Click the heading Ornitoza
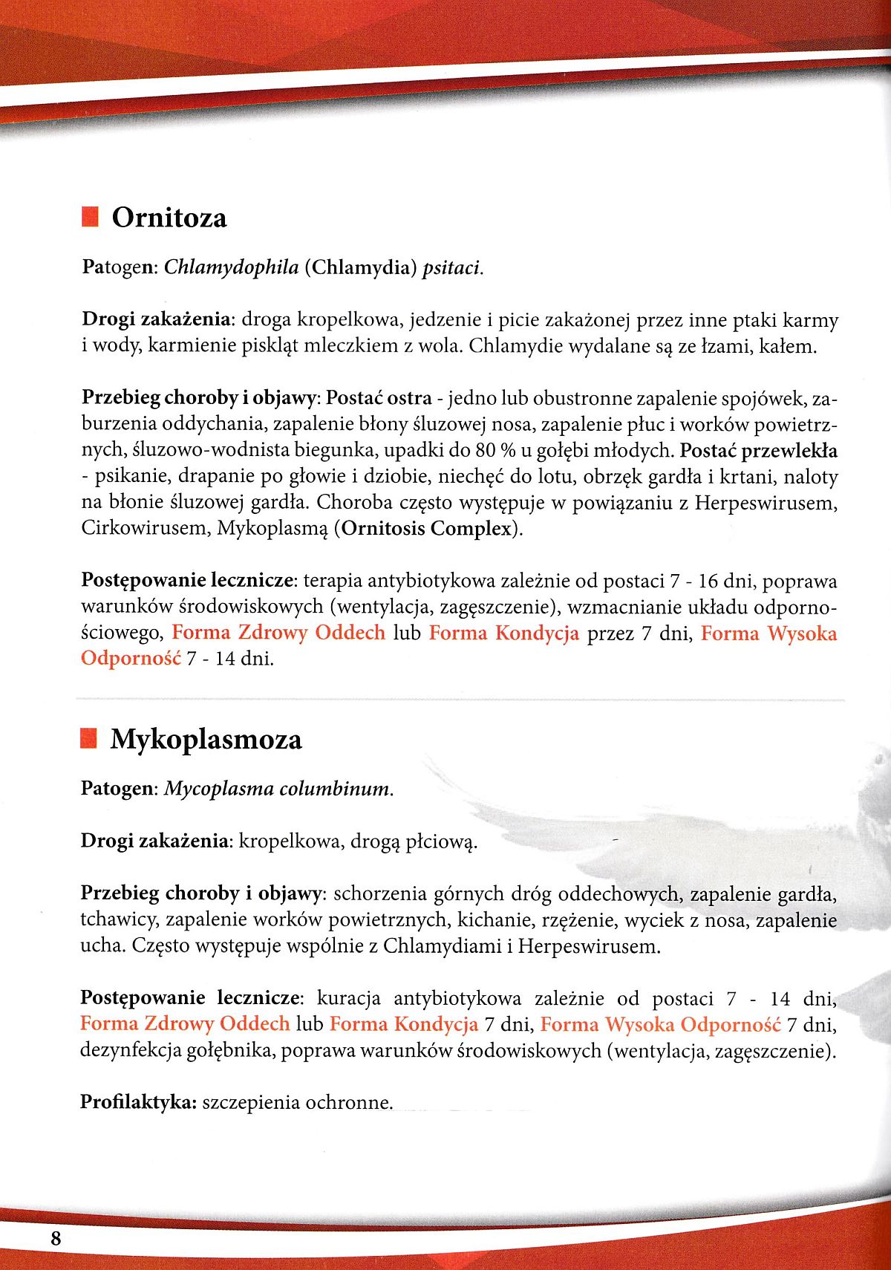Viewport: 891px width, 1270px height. pos(169,218)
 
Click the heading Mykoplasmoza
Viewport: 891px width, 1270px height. pos(206,740)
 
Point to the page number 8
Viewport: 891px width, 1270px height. pos(56,1238)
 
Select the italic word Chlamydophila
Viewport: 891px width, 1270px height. pos(231,267)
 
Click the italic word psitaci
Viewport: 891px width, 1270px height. pos(452,267)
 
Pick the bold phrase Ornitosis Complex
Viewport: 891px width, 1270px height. pos(428,529)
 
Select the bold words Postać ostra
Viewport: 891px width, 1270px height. pos(379,399)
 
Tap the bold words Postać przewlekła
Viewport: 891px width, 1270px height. pos(759,451)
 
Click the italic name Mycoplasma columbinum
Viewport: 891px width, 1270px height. pos(278,788)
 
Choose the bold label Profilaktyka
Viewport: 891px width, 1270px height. pos(137,1102)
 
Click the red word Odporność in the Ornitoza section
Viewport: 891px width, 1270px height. pos(131,659)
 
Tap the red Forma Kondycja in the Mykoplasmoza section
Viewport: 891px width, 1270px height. pos(404,1025)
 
